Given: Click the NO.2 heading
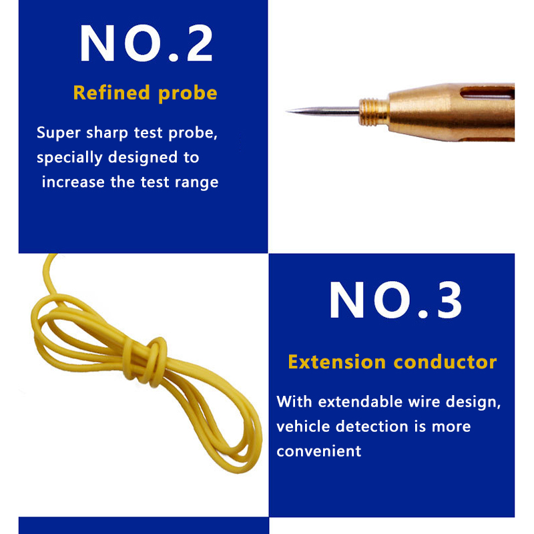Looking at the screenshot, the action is (146, 43).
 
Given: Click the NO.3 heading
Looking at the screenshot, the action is (395, 300).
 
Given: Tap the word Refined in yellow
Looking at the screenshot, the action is (111, 93).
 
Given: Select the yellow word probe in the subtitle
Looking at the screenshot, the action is (188, 93).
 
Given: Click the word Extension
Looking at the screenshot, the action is (337, 362).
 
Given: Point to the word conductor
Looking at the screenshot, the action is (445, 362).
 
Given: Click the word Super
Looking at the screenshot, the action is (59, 133).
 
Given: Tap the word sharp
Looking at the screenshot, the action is (107, 133).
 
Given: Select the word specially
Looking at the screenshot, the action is (69, 158).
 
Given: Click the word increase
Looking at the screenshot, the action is (73, 182).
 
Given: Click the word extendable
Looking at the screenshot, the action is (360, 402).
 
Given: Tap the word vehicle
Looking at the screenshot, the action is (303, 427).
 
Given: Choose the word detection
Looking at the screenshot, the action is (372, 427).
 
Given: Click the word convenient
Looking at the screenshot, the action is (319, 451).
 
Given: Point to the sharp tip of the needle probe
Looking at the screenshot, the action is (287, 111).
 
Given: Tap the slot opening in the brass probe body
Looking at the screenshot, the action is (487, 93).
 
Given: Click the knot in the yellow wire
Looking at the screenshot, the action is (146, 362).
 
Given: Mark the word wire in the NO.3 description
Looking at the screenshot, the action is (424, 402).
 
